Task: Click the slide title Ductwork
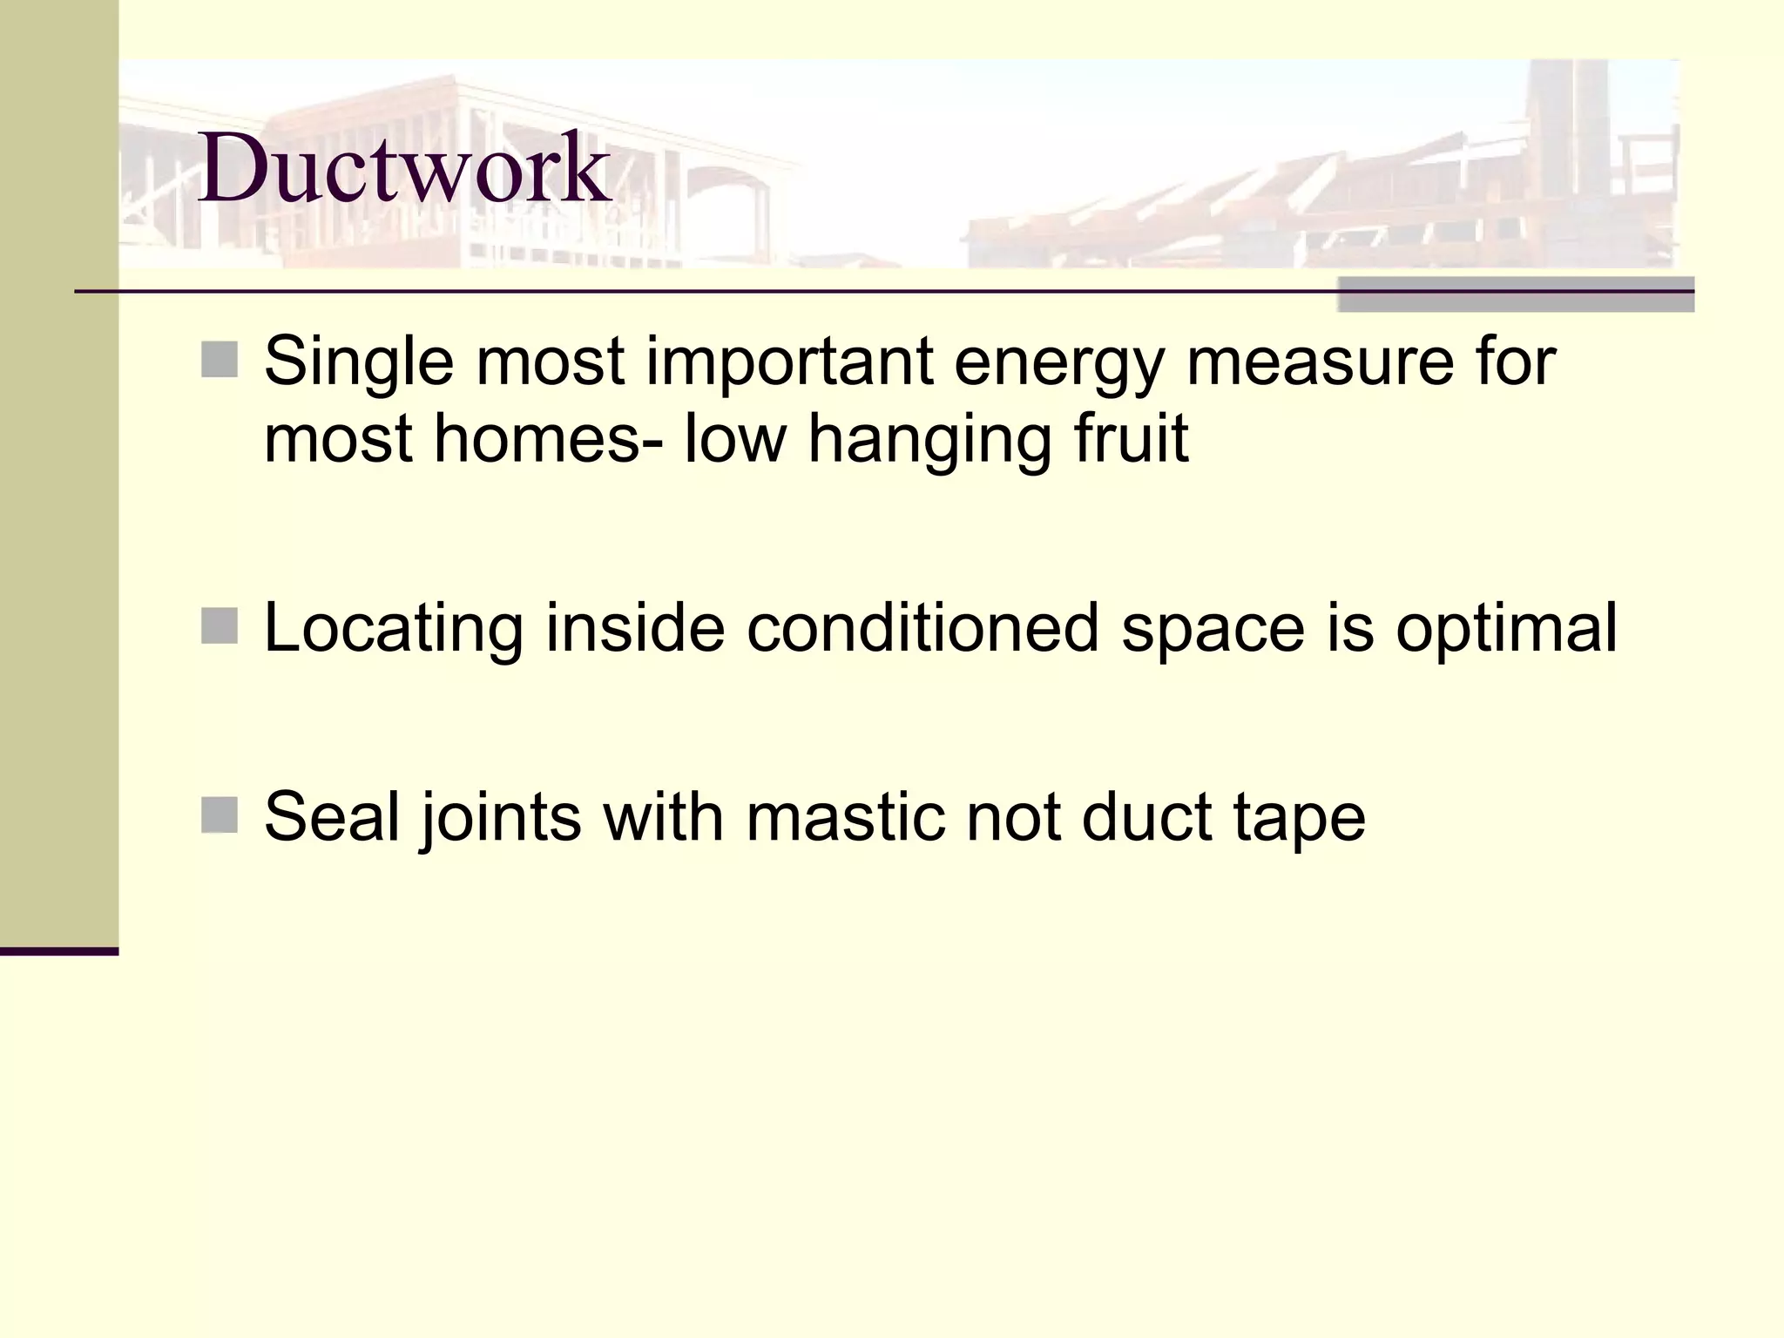[404, 167]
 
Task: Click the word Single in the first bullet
[359, 362]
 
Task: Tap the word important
[789, 362]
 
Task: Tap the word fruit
[1132, 438]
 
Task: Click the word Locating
[393, 629]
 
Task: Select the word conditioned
[922, 627]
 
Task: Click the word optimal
[1506, 629]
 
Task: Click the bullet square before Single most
[220, 360]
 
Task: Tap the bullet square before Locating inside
[220, 625]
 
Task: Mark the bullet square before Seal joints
[220, 815]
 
